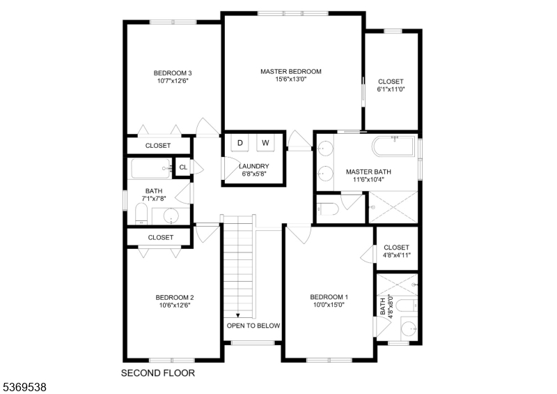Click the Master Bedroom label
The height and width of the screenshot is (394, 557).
[x=291, y=71]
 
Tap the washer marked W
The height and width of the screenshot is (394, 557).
[x=265, y=143]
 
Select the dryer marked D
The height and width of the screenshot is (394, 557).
[x=240, y=143]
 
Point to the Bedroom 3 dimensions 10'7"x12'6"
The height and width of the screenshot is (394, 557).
[x=173, y=81]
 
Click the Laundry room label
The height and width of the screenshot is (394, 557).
[x=253, y=166]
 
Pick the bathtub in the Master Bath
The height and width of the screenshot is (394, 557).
[x=393, y=146]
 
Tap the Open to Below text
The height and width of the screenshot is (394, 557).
[x=253, y=326]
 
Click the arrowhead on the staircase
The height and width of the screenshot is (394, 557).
[x=238, y=315]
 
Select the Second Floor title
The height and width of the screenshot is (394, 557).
[x=158, y=373]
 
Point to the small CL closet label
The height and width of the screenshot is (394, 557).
[x=183, y=167]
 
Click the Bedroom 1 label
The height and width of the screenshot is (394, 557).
[x=329, y=297]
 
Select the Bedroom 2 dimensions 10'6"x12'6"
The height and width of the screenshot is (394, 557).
[x=173, y=305]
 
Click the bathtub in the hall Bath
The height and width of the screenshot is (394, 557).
[x=150, y=168]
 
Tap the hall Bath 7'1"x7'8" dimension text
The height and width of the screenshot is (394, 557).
[x=154, y=199]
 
